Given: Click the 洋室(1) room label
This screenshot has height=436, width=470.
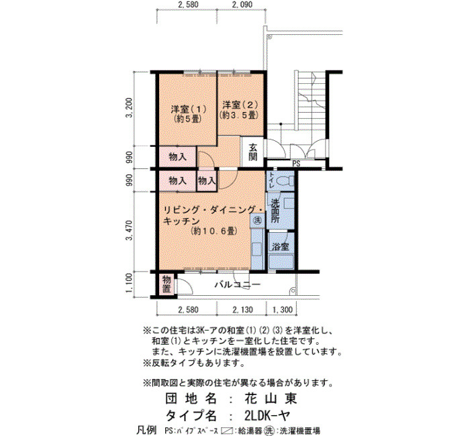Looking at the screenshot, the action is tap(188, 109).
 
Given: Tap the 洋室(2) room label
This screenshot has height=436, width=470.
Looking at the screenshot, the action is tap(240, 105).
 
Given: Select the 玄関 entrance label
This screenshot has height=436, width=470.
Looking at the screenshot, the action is tap(253, 152).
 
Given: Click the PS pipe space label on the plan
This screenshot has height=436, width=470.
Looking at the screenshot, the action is tap(296, 164).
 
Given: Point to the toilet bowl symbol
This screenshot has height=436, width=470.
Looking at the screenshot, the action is tap(285, 181).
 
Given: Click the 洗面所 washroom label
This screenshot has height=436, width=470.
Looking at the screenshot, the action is tap(275, 211).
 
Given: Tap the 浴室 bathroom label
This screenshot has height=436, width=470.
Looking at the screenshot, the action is tap(281, 246).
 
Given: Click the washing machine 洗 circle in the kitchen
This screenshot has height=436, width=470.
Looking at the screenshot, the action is tap(257, 221).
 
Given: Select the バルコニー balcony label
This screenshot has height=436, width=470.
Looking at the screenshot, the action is tap(237, 284).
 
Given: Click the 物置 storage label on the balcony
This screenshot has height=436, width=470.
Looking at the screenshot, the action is tap(167, 284).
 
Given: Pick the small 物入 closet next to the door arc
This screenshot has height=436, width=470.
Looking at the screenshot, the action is tap(207, 180).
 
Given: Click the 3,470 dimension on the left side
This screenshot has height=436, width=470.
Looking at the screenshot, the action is tap(129, 230).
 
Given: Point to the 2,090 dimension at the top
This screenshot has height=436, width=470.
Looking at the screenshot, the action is tap(242, 5).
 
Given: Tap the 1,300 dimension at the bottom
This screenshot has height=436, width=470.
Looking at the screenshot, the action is tap(283, 310).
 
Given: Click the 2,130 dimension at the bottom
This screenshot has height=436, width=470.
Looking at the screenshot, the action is tap(242, 310).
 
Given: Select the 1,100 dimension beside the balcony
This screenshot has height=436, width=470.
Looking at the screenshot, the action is tap(129, 283).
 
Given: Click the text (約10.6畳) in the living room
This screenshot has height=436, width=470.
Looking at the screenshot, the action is tap(214, 231).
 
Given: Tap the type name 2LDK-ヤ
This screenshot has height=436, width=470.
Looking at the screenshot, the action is tap(267, 416).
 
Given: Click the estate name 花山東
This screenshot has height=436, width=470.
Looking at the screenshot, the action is tap(271, 398).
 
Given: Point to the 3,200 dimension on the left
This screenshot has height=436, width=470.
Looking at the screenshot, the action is tap(129, 108).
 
